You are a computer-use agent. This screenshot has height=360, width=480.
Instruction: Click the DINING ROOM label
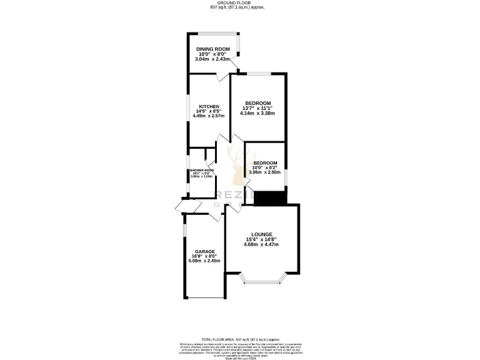click(x=214, y=49)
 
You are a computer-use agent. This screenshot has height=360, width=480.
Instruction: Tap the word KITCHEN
click(x=209, y=106)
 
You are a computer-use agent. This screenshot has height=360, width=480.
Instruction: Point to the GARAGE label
click(x=204, y=251)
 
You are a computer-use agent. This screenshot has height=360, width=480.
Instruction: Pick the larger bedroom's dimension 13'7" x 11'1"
click(x=257, y=109)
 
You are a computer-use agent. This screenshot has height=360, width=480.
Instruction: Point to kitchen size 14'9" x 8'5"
click(x=209, y=111)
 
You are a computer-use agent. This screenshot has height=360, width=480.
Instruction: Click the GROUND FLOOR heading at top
click(x=239, y=3)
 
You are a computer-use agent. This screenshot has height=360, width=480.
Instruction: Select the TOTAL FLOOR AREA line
click(x=239, y=337)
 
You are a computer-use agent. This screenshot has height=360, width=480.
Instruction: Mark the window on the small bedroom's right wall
click(x=286, y=177)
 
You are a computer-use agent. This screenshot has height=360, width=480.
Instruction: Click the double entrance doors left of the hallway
click(x=181, y=207)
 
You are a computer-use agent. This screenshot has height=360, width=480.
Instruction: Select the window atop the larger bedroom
click(x=257, y=74)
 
